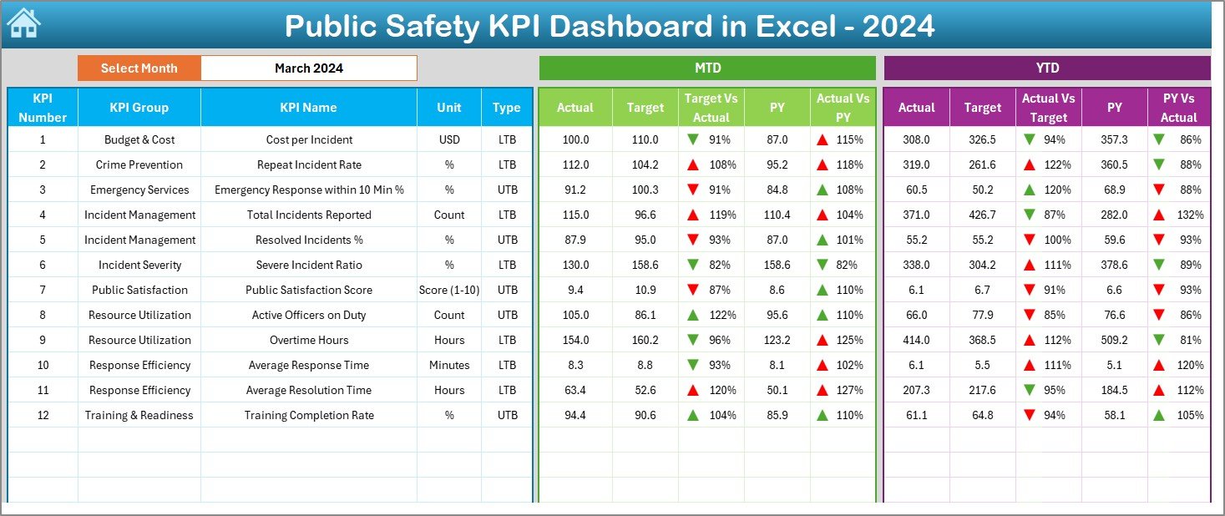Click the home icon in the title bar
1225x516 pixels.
point(23,23)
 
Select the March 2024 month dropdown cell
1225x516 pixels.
point(308,68)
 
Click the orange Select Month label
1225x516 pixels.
point(139,68)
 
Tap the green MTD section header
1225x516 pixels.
point(707,68)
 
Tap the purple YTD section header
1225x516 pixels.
point(1047,68)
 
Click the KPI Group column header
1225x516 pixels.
point(139,108)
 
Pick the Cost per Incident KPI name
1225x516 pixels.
point(309,139)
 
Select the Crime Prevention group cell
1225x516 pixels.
point(139,164)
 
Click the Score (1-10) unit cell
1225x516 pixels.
point(449,290)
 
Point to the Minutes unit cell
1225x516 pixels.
point(449,365)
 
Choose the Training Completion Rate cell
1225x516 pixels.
point(309,415)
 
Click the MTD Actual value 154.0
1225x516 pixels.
point(575,340)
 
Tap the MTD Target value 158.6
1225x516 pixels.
point(645,265)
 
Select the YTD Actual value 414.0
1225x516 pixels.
point(916,340)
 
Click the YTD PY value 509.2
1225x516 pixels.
point(1114,340)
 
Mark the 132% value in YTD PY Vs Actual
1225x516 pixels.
point(1190,215)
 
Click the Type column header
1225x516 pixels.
point(506,108)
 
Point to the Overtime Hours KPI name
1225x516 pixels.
point(309,340)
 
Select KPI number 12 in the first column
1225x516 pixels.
point(43,415)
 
